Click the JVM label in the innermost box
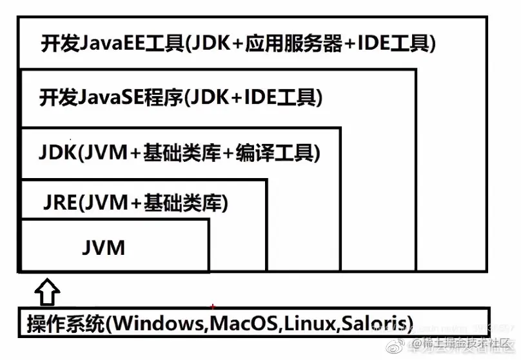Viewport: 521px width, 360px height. coord(104,246)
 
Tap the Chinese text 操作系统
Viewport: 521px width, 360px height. coord(65,322)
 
